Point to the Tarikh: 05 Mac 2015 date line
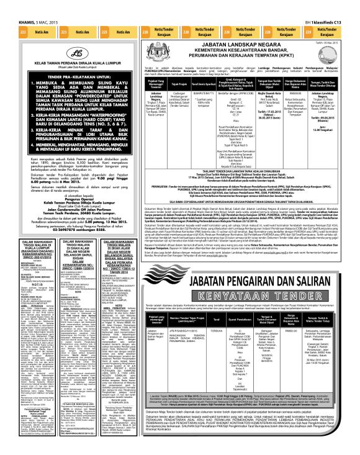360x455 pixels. click(x=344, y=42)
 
